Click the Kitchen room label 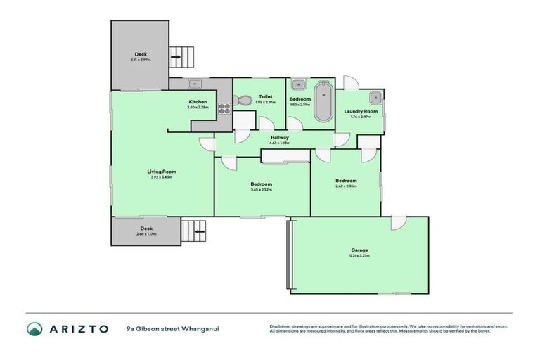(x=198, y=102)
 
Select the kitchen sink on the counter (x=193, y=84)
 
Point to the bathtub (x=323, y=103)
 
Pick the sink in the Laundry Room (x=375, y=98)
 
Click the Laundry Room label (x=360, y=111)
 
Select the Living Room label (x=161, y=172)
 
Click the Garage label (x=359, y=250)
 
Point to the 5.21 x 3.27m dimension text (x=359, y=256)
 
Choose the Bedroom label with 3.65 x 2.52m (x=261, y=184)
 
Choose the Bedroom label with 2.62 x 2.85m (x=346, y=180)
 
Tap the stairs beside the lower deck (x=194, y=230)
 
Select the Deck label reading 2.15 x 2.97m (x=141, y=54)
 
